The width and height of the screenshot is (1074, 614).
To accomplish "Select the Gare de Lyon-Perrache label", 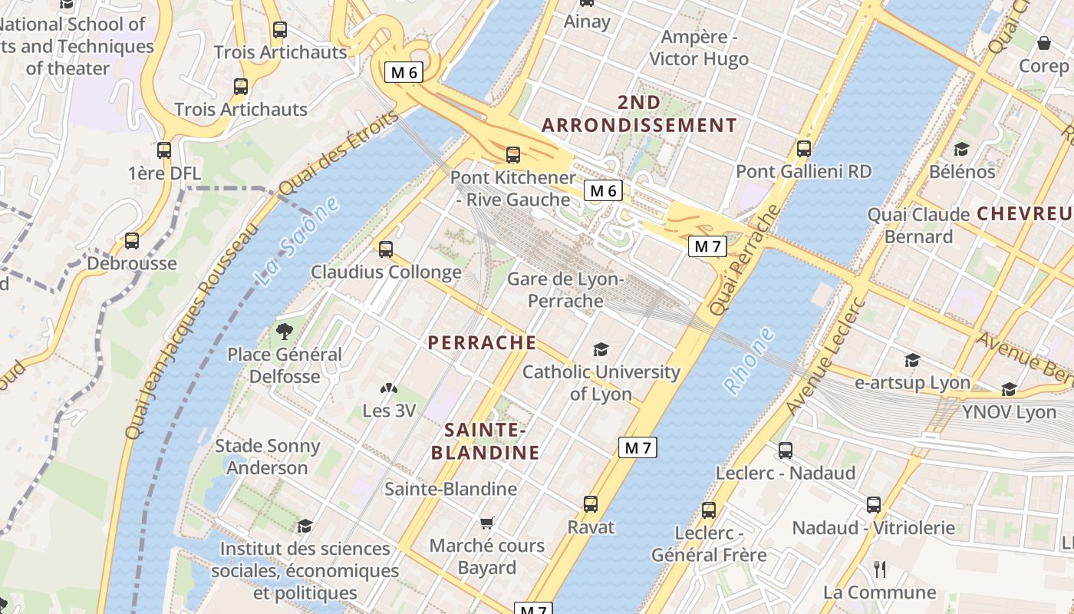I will (566, 289).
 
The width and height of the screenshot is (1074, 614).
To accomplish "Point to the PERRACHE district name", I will (482, 342).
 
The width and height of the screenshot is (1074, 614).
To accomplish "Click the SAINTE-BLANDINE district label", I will (485, 441).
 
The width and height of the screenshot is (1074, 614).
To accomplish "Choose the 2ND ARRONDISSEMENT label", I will (639, 114).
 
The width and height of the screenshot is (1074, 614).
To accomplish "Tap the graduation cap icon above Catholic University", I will (601, 350).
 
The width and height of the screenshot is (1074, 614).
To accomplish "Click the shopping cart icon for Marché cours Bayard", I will (486, 523).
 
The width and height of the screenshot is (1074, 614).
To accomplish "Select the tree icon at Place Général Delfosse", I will (285, 332).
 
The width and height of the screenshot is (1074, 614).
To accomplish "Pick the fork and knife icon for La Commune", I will (880, 569).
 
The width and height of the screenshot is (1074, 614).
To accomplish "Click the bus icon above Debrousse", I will (132, 241).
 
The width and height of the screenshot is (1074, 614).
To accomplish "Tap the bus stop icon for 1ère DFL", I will (164, 150).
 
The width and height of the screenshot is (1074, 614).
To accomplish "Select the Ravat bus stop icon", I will (591, 504).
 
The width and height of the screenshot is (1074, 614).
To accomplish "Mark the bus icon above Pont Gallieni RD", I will (804, 149).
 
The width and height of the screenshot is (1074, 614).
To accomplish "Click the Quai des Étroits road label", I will (339, 153).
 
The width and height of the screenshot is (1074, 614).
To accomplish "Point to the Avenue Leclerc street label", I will (825, 355).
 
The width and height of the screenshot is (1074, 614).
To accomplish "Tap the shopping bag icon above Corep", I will (1043, 43).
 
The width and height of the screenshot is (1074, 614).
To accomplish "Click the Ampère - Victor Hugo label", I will (699, 48).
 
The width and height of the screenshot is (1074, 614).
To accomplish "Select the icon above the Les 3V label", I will (390, 389).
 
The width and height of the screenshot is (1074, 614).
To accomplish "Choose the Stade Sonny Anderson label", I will (267, 457).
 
